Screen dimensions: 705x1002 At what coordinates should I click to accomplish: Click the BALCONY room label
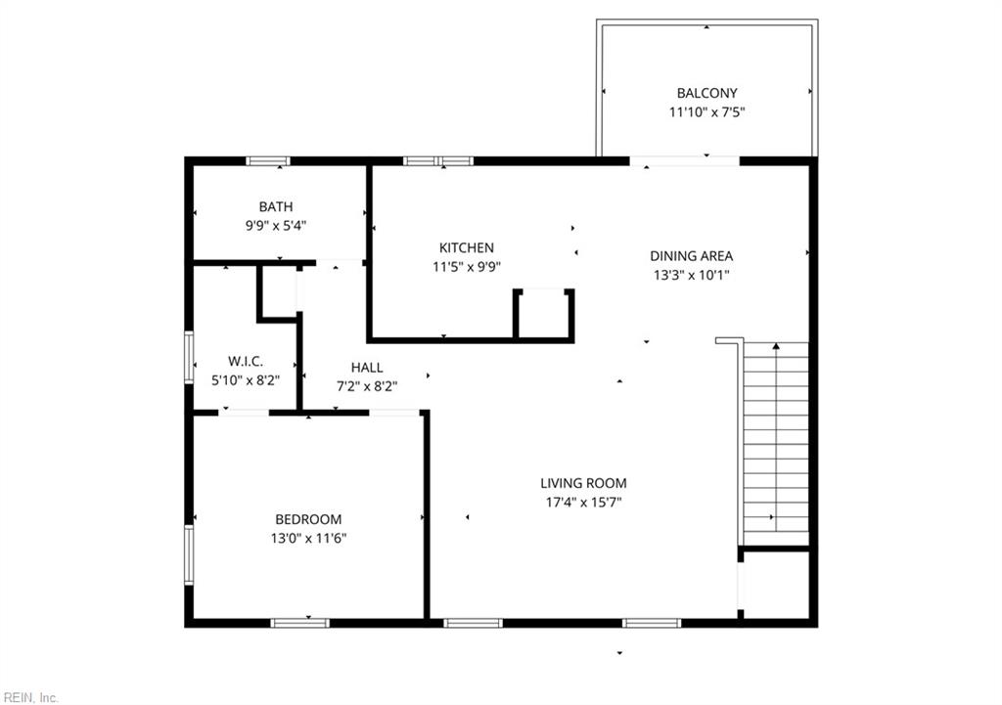tap(706, 93)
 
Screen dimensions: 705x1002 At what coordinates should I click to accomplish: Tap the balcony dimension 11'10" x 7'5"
tap(706, 111)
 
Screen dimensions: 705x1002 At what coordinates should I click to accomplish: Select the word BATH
tap(276, 206)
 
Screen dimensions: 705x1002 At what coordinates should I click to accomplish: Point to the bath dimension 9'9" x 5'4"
tap(276, 225)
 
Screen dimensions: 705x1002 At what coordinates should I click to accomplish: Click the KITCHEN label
tap(466, 247)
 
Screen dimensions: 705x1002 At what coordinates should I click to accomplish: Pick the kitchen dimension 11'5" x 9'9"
tap(466, 266)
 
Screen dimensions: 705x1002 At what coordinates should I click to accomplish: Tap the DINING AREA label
tap(691, 256)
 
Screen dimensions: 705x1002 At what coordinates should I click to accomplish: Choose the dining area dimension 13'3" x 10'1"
tap(691, 275)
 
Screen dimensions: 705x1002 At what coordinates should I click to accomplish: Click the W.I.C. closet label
tap(245, 361)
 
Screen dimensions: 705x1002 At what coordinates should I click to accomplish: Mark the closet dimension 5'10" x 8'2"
tap(245, 379)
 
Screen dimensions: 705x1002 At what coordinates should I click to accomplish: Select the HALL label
tap(367, 367)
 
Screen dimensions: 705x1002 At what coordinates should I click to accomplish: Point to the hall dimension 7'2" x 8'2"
tap(367, 385)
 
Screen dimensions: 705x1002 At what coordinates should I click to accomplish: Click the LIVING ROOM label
tap(583, 483)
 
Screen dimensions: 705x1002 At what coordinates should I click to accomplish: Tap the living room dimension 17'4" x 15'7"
tap(583, 502)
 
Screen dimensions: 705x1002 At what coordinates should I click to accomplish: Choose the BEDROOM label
tap(308, 519)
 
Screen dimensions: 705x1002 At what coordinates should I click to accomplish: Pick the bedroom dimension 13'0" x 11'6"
tap(308, 538)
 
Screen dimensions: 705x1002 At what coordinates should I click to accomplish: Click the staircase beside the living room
tap(776, 440)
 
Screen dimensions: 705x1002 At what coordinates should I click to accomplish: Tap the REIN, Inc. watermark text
tap(30, 697)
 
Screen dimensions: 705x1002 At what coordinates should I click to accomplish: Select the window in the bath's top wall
tap(267, 161)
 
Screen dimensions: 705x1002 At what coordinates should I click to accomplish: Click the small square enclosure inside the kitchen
tap(543, 313)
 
